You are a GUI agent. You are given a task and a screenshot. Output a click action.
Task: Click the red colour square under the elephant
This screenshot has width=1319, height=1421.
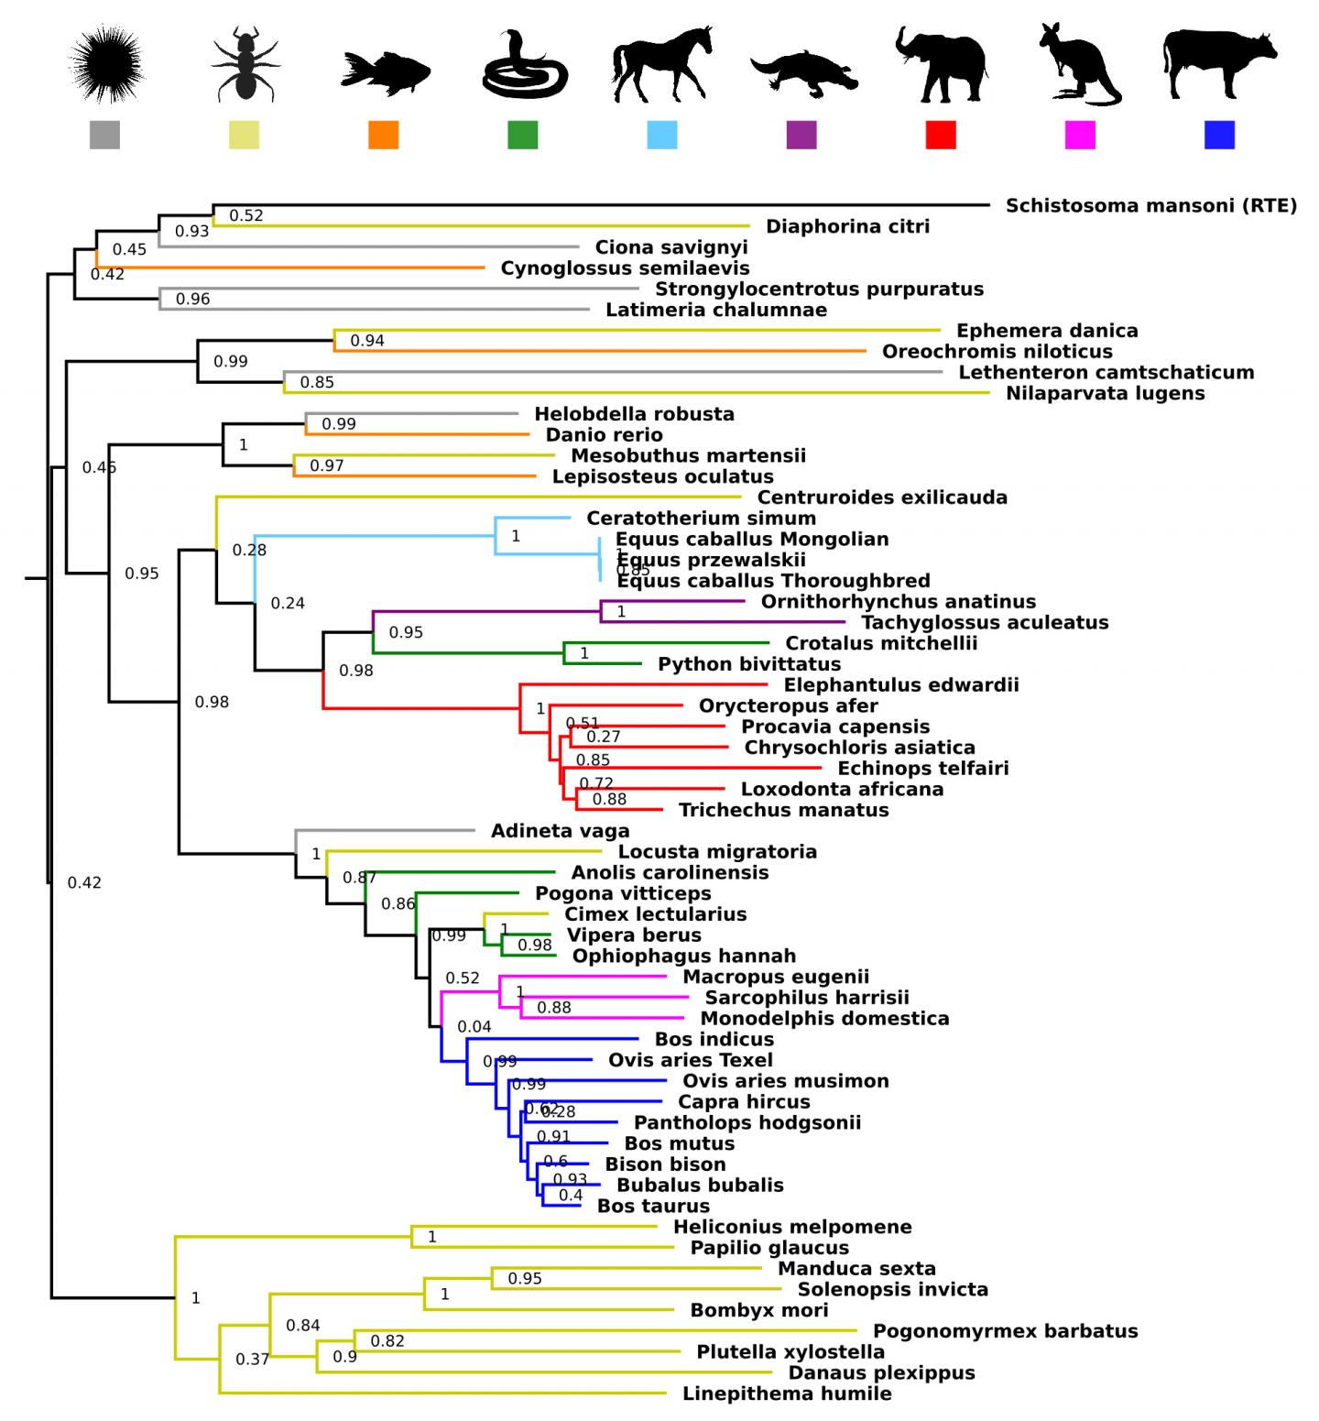[x=941, y=135]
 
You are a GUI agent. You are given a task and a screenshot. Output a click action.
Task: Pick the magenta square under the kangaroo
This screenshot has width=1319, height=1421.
[x=1080, y=135]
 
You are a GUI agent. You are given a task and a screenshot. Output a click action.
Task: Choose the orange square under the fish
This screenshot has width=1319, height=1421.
[x=384, y=135]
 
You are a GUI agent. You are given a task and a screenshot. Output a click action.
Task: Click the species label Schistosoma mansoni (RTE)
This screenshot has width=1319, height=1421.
[x=1151, y=205]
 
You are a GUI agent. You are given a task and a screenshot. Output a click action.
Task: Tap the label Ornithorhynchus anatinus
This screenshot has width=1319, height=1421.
[x=899, y=602]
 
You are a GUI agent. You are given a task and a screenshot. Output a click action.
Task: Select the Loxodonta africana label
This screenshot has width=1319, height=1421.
[x=842, y=789]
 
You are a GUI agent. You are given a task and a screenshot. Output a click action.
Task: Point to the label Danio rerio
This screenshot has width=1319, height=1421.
[x=605, y=435]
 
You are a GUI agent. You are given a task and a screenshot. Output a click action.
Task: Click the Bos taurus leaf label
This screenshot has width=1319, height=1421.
[x=653, y=1207]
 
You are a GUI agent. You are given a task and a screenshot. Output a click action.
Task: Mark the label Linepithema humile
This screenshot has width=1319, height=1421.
[x=787, y=1394]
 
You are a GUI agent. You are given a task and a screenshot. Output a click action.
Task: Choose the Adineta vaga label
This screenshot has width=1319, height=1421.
[x=561, y=831]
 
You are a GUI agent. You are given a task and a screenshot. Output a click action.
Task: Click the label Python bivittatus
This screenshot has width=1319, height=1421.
[x=749, y=664]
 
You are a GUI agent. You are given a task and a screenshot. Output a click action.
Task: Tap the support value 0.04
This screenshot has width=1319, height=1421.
[x=474, y=1027]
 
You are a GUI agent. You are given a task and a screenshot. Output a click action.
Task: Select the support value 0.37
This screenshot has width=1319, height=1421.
[x=253, y=1359]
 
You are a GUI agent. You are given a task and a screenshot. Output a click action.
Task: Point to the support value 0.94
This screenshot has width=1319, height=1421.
[x=367, y=341]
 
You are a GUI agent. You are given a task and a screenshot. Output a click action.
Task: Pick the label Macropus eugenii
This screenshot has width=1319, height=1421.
[x=776, y=977]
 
